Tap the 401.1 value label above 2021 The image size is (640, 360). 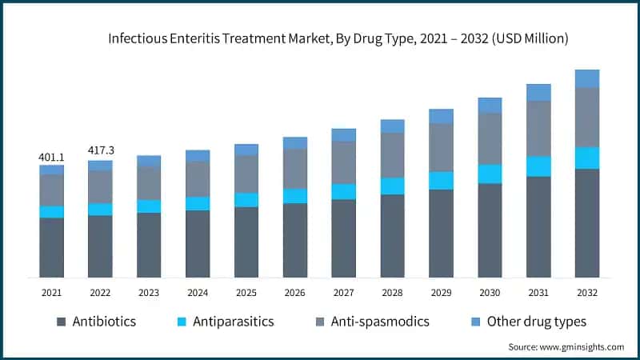pyautogui.click(x=51, y=157)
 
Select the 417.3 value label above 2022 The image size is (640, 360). pyautogui.click(x=100, y=151)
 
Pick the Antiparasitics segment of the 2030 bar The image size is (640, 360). pyautogui.click(x=490, y=174)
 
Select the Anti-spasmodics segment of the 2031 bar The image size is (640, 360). pyautogui.click(x=538, y=128)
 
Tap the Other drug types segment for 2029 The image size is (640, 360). pyautogui.click(x=441, y=116)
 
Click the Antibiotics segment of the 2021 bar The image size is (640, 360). pyautogui.click(x=51, y=247)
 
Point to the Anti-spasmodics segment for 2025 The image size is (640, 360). pyautogui.click(x=246, y=174)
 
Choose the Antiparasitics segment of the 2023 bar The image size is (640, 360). pyautogui.click(x=149, y=206)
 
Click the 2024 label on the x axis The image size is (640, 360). pyautogui.click(x=198, y=293)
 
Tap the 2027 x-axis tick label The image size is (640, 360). pyautogui.click(x=343, y=293)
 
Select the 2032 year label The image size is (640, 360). pyautogui.click(x=586, y=293)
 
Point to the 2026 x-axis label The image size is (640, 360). pyautogui.click(x=294, y=293)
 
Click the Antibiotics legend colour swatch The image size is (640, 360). pyautogui.click(x=61, y=322)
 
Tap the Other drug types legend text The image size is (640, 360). pyautogui.click(x=538, y=322)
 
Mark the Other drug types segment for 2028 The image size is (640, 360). pyautogui.click(x=392, y=126)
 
